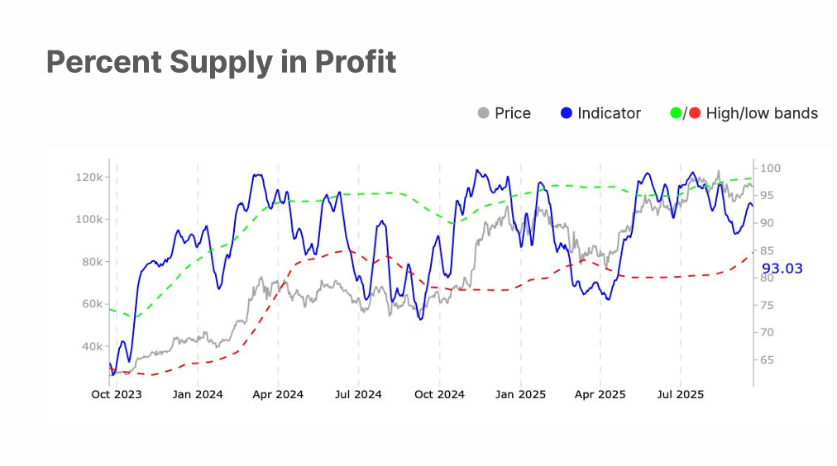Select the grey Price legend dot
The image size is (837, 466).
point(484,113)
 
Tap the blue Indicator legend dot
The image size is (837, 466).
point(566,113)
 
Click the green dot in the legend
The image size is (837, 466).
point(676,113)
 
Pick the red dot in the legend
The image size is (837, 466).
point(695,113)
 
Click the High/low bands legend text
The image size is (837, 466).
point(762,113)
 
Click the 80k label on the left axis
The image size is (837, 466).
point(91,262)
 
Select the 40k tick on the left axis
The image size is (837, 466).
point(91,346)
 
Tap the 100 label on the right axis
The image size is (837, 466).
point(770,169)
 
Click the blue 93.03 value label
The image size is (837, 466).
point(782,269)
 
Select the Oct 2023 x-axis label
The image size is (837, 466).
point(117,395)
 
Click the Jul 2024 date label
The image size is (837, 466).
point(358,395)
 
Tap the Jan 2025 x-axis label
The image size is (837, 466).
point(521,395)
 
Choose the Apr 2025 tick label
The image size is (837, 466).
point(600,395)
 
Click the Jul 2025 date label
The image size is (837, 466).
point(680,395)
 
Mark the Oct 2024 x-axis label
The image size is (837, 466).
point(439,395)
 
